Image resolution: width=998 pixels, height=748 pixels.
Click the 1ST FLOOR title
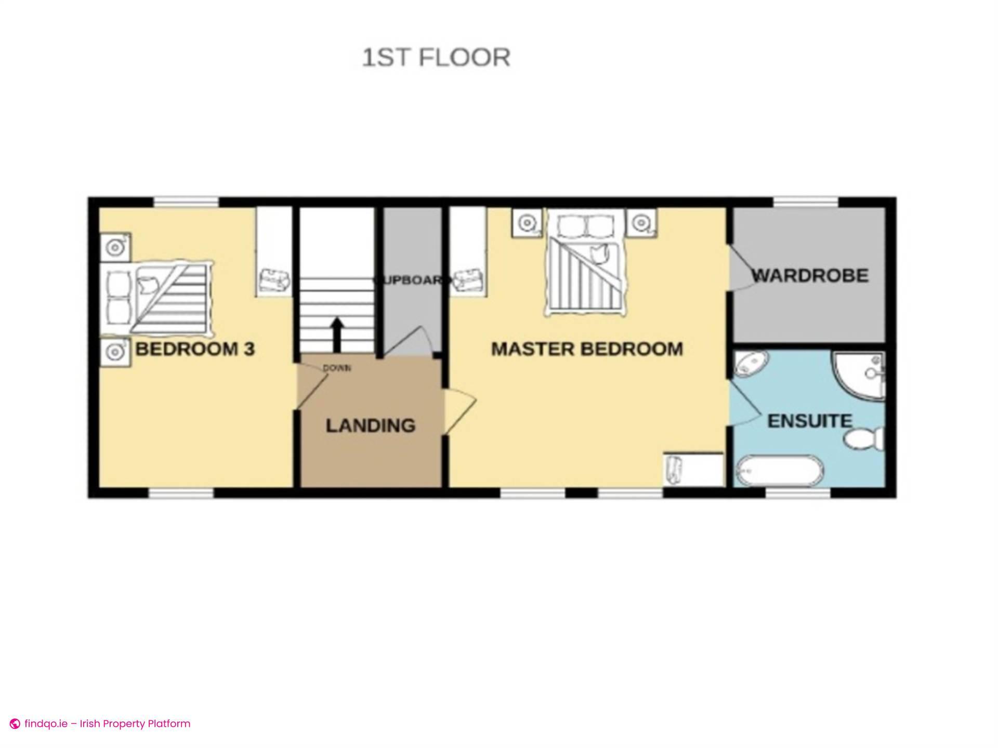point(436,58)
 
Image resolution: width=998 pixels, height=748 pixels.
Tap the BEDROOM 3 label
point(195,349)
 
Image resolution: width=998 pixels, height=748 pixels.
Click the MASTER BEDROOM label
point(587,349)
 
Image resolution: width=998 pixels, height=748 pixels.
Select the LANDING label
point(370,425)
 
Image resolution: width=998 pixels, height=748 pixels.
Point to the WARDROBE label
point(810,275)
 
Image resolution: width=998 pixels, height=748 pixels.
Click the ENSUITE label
point(809,421)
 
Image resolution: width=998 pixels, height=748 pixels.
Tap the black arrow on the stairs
point(337,334)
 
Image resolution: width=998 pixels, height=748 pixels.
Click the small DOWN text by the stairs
point(337,368)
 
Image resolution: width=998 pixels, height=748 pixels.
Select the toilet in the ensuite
point(863,439)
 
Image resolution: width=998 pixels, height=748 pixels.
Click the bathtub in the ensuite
point(778,471)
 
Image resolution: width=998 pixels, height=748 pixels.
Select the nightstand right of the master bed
point(641,223)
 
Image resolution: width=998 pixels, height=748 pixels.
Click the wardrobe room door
point(741,268)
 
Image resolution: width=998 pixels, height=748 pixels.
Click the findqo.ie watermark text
point(107,724)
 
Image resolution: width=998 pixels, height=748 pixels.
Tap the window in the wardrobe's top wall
point(805,202)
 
